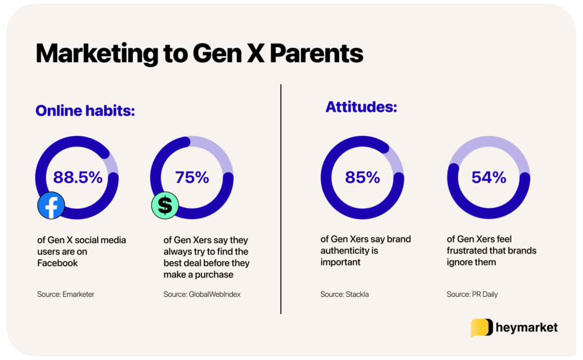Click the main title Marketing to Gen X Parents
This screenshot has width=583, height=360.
point(199,54)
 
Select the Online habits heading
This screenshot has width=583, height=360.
point(85,111)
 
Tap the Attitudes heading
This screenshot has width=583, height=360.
point(361,107)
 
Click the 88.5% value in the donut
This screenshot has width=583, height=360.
point(77,177)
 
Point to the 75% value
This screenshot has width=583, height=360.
point(192,177)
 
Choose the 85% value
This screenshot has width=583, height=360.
point(362,177)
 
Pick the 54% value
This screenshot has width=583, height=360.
point(488,177)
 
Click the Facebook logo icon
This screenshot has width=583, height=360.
point(51,206)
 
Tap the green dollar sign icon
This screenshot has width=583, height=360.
point(165,206)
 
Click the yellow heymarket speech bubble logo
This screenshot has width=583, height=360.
point(481,328)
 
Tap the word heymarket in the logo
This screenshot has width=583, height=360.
point(527,328)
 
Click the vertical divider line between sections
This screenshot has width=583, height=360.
point(281,199)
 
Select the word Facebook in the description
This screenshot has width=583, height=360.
point(57,263)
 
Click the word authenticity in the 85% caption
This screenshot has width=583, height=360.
point(344,251)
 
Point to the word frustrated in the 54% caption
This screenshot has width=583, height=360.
point(469,251)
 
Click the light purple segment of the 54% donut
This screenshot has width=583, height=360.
point(488,145)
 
